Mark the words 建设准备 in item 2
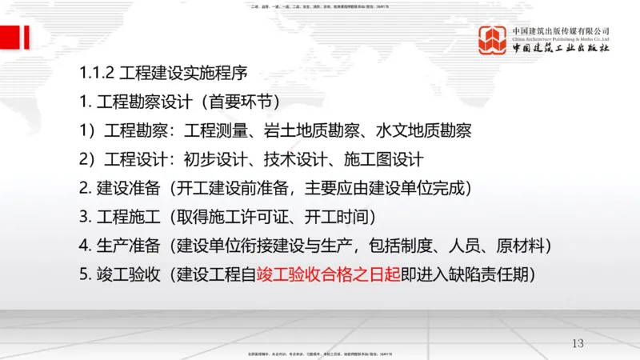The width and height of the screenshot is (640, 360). (123, 189)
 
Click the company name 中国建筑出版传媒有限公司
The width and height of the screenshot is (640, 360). (562, 30)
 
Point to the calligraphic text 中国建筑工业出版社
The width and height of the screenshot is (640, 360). (562, 50)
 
